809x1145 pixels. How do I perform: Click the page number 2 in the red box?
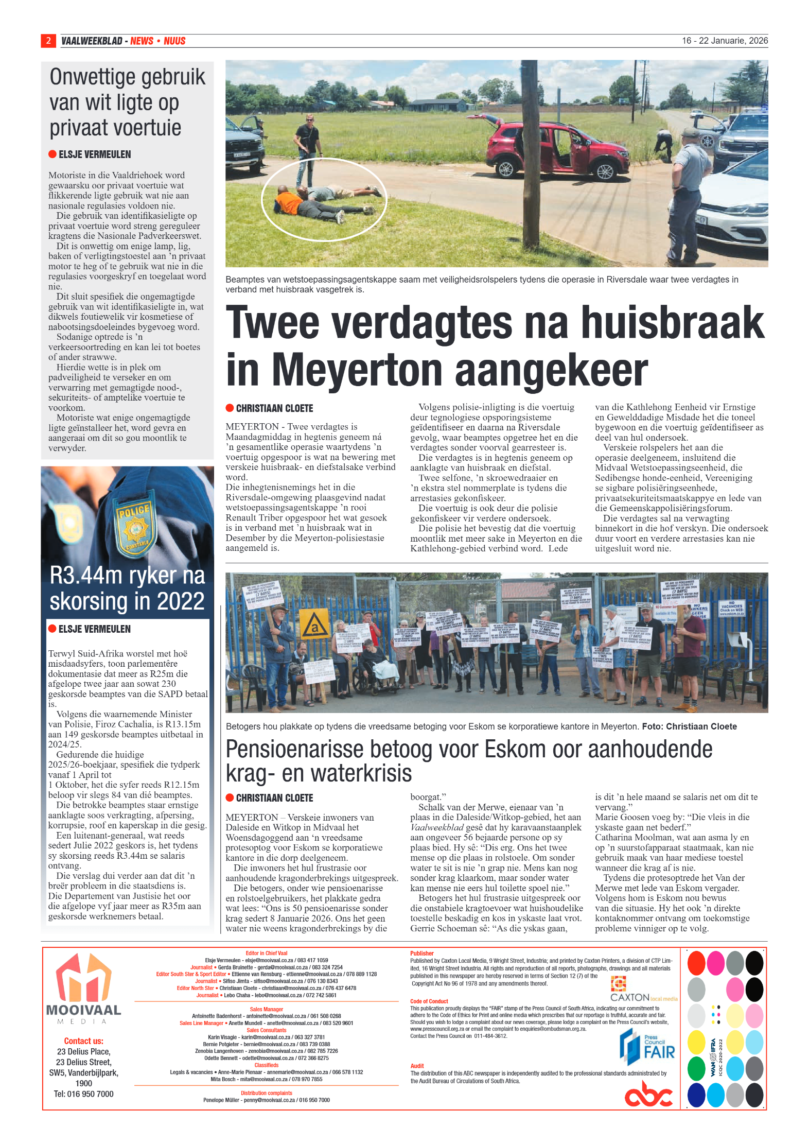(x=48, y=41)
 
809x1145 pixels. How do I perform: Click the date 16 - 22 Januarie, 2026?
(x=725, y=41)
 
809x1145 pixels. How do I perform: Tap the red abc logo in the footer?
(x=648, y=1095)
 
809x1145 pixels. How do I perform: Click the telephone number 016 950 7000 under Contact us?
(x=83, y=1094)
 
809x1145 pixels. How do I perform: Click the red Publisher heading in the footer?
(x=421, y=953)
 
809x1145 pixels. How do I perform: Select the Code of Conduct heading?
(x=429, y=1001)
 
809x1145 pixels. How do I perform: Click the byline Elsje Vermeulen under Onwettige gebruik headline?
(x=95, y=154)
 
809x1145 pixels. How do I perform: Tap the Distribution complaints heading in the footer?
(x=266, y=1093)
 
